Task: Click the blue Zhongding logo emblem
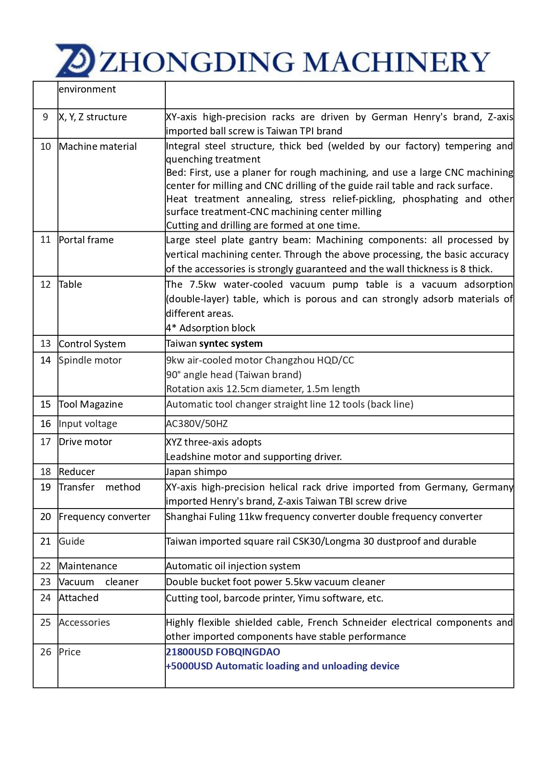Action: (75, 61)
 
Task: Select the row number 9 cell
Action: (45, 117)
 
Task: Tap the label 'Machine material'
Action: (98, 147)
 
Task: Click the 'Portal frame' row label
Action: (86, 240)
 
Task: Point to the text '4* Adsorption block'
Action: (211, 328)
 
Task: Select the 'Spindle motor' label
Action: (90, 360)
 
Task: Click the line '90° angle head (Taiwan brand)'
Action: (234, 375)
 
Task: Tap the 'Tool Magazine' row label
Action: (91, 405)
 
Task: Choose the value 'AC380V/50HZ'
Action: (197, 424)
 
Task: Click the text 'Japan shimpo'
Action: (197, 472)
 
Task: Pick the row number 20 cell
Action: (45, 517)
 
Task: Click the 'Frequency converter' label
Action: (104, 517)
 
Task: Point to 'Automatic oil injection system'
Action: (233, 566)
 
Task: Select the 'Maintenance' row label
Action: (88, 566)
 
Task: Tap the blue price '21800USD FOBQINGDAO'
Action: (223, 652)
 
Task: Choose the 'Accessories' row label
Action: (84, 623)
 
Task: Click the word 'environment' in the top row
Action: (87, 89)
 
